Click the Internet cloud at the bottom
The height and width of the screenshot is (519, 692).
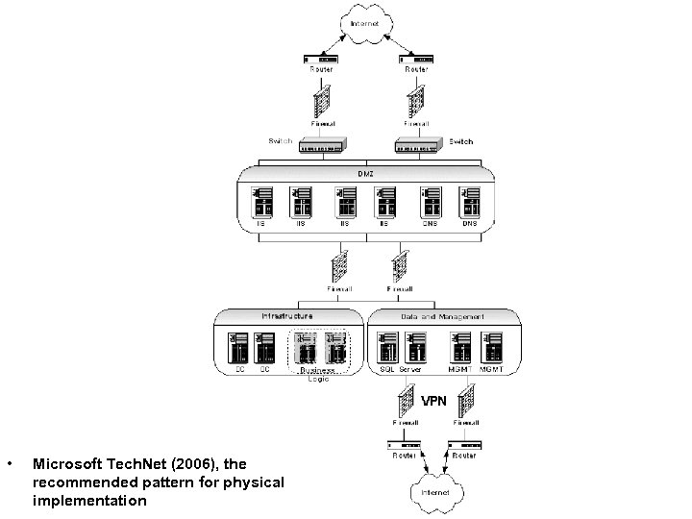pyautogui.click(x=429, y=492)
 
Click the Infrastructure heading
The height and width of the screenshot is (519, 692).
pyautogui.click(x=286, y=315)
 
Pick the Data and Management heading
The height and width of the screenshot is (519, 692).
pyautogui.click(x=441, y=315)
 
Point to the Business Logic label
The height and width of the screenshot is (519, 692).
pyautogui.click(x=317, y=374)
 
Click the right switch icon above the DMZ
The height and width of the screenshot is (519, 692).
pyautogui.click(x=419, y=145)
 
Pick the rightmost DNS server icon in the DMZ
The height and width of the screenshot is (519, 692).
pyautogui.click(x=469, y=203)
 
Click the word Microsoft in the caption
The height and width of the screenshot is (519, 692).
pyautogui.click(x=66, y=463)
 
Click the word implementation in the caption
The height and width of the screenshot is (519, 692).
pyautogui.click(x=89, y=501)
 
